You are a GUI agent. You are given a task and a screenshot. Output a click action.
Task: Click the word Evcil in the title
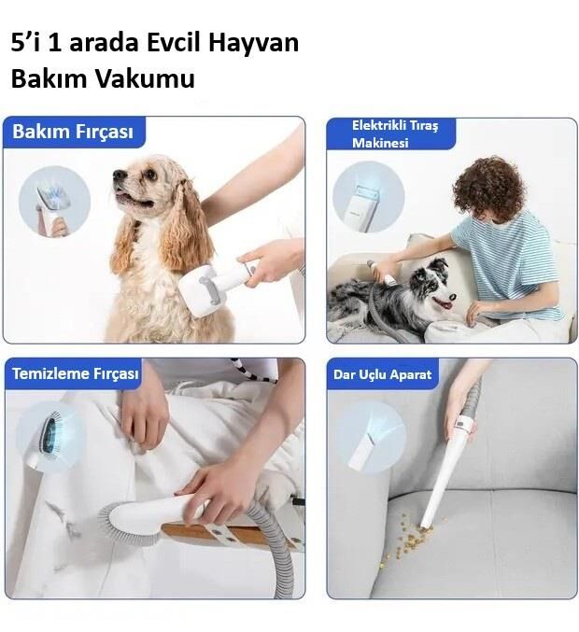(177, 44)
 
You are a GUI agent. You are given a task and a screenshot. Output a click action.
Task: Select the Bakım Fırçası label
(73, 132)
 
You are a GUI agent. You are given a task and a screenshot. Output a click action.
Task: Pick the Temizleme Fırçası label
(76, 374)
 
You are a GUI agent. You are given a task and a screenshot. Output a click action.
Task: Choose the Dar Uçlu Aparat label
(383, 374)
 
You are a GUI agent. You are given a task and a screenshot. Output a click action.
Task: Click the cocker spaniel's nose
(119, 175)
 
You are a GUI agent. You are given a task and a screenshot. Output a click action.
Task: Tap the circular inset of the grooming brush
(53, 201)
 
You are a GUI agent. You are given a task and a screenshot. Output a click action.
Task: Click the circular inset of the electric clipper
(368, 197)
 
